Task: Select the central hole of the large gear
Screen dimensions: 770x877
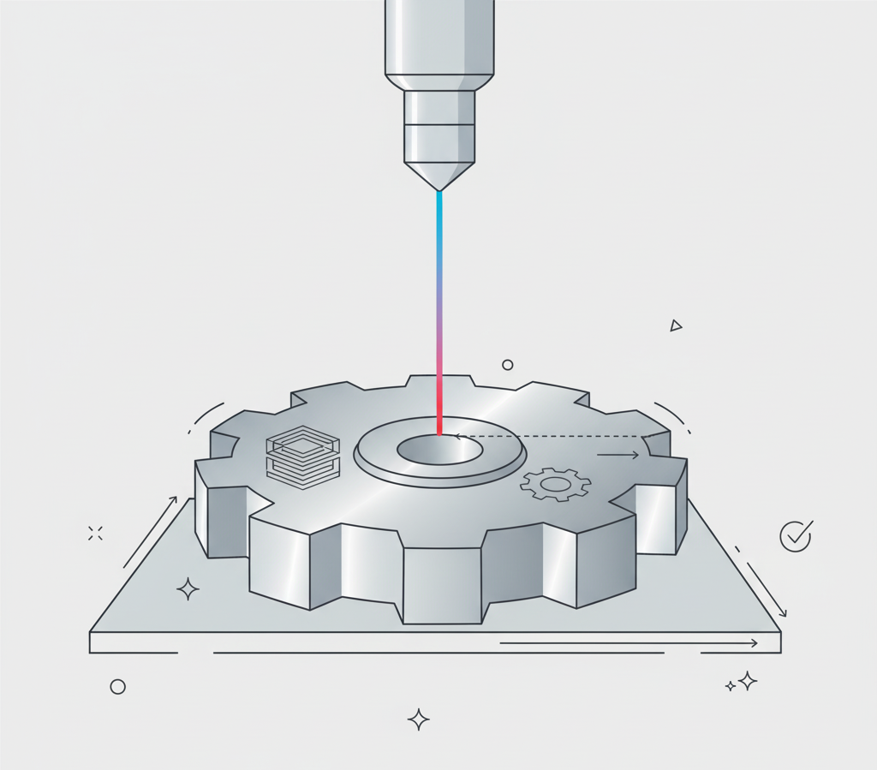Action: click(x=439, y=449)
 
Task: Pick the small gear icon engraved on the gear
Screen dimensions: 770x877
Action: click(x=555, y=485)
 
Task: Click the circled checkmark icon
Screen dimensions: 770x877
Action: click(x=795, y=536)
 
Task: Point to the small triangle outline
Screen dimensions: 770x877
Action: click(x=676, y=325)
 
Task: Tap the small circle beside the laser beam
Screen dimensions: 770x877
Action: click(x=507, y=365)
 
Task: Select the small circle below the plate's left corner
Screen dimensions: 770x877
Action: click(x=118, y=687)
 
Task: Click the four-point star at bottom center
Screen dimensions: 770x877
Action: click(x=418, y=719)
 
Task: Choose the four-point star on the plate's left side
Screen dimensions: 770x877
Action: click(x=188, y=588)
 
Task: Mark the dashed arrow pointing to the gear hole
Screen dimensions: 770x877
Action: click(x=548, y=436)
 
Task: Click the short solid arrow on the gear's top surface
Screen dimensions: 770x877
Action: click(x=617, y=455)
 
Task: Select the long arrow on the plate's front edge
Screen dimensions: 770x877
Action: click(x=629, y=643)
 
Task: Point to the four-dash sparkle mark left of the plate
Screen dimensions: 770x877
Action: click(x=95, y=533)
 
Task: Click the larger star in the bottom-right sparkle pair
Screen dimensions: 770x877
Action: click(x=748, y=681)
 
